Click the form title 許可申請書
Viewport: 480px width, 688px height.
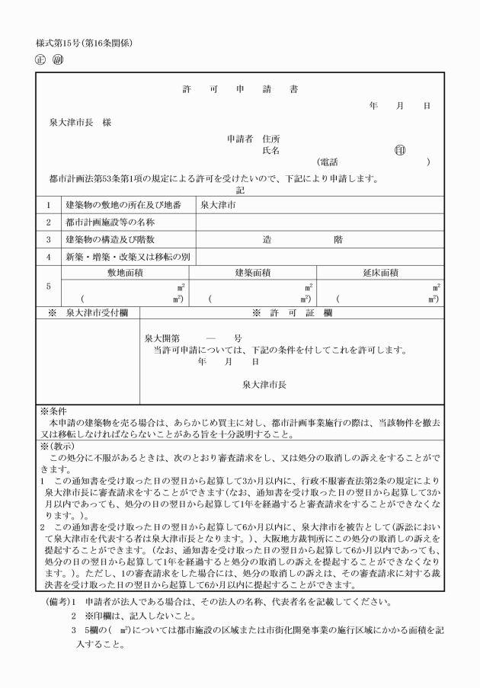(240, 89)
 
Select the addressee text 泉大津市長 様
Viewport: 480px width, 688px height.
(76, 123)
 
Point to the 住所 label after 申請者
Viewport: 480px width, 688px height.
(271, 139)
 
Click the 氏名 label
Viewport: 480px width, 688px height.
(271, 150)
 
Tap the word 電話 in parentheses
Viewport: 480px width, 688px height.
(329, 162)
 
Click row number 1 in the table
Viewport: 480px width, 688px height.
(47, 205)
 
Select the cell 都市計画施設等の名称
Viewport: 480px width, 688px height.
(110, 222)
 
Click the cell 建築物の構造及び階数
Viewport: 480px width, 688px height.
(116, 239)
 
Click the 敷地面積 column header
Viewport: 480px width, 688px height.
(125, 272)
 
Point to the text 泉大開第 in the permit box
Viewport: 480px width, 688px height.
(162, 338)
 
